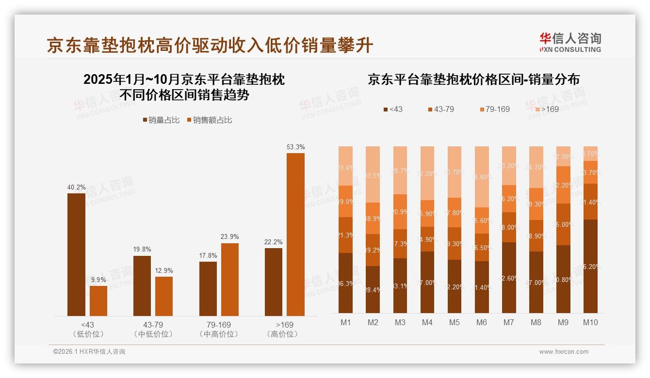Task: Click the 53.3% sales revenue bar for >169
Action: point(295,235)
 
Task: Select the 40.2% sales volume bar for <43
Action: point(76,254)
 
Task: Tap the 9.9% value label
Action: point(98,280)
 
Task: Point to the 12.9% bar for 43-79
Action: point(164,296)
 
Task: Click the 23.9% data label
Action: point(230,236)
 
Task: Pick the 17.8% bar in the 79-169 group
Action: point(208,289)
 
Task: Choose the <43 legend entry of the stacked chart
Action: point(392,109)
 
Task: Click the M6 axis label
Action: point(481,322)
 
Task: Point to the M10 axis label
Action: point(590,322)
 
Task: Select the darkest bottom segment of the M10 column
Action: point(590,266)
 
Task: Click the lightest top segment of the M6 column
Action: point(481,177)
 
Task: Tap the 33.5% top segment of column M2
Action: point(373,174)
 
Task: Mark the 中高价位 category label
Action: point(219,334)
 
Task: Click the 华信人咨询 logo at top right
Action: point(570,42)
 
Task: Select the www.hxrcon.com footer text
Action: point(564,352)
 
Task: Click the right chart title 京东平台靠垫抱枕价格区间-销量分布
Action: point(473,79)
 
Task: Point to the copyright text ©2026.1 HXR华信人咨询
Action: point(89,352)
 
